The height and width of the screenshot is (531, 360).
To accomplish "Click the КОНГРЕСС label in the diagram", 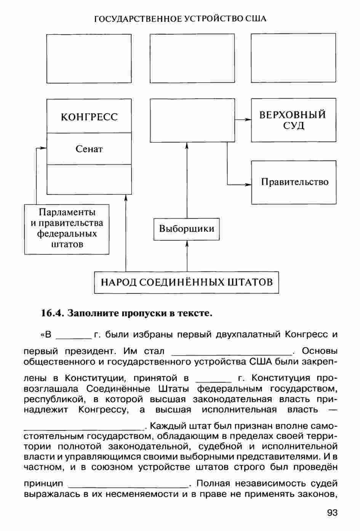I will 89,117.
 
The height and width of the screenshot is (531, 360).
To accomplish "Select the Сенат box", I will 89,149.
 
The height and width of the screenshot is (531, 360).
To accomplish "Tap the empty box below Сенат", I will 89,179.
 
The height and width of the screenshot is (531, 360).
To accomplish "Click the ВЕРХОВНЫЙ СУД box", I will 293,120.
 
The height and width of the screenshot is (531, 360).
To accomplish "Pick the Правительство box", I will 294,182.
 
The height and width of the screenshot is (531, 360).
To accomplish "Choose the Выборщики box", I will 186,229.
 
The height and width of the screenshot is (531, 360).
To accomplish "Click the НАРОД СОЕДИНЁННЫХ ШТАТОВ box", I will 186,282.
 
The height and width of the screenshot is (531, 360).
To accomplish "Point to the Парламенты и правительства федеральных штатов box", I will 67,229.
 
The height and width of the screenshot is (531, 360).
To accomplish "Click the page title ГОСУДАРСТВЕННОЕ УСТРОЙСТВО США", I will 180,19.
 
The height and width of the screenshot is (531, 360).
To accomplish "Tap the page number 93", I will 332,513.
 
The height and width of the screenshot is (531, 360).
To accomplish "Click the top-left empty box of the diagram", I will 89,58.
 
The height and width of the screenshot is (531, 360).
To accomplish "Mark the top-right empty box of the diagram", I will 293,58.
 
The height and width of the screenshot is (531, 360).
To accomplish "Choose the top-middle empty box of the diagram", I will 192,58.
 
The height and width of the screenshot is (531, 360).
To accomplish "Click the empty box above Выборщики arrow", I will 192,120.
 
